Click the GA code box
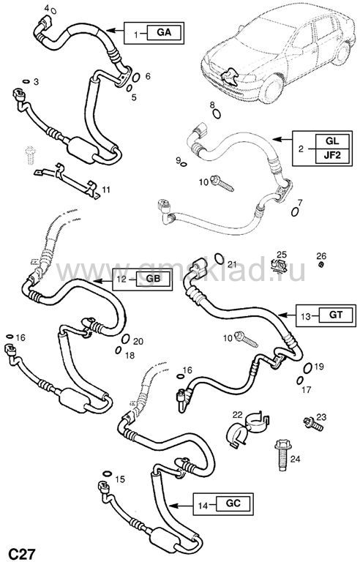[164, 33]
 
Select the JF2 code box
[332, 157]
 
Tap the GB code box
[152, 279]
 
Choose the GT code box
[336, 315]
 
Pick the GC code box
[233, 503]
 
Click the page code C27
[21, 554]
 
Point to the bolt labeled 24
[282, 454]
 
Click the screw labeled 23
[313, 424]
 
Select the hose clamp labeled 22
[247, 429]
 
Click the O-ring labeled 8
[217, 114]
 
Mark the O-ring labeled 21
[220, 258]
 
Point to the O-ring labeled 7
[295, 211]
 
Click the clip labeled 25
[279, 265]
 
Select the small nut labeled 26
[321, 264]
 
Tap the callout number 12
[122, 279]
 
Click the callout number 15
[120, 479]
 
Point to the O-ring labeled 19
[307, 368]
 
